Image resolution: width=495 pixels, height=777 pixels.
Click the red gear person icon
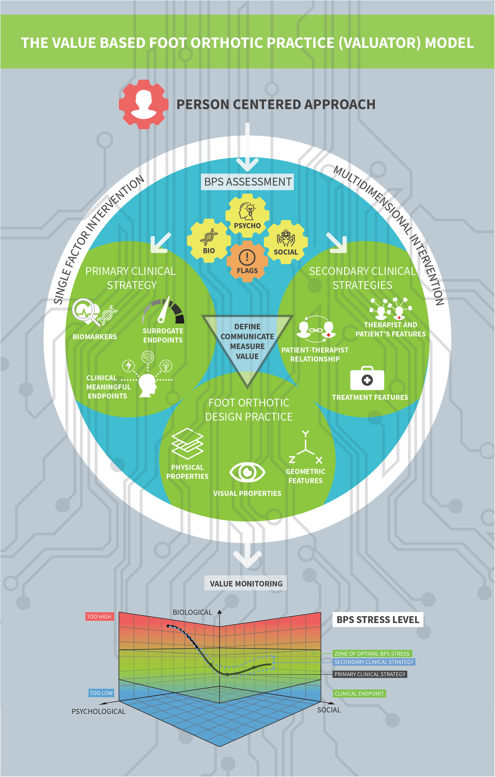coord(143,104)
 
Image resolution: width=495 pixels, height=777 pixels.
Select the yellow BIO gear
coord(209,241)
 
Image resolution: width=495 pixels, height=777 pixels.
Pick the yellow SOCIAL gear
coord(286,242)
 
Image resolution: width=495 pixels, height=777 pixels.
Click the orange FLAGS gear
coord(247,261)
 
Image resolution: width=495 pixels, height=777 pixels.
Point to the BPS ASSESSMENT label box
coord(247,182)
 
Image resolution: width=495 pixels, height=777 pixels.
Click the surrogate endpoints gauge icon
coord(163,310)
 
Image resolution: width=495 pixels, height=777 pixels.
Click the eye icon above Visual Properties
coord(247,472)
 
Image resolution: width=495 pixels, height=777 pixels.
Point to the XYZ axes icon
coord(305,449)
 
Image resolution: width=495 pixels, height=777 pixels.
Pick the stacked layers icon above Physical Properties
coord(187,444)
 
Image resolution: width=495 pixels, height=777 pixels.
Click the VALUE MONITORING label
coord(246,584)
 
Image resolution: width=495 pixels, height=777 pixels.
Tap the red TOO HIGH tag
coord(99,617)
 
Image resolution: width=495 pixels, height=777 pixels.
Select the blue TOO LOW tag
coord(101,693)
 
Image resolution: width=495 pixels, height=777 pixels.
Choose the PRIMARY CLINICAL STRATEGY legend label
coord(370,674)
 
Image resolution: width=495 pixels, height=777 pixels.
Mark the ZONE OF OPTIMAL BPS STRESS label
coord(372,654)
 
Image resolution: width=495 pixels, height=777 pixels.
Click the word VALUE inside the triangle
coord(247,357)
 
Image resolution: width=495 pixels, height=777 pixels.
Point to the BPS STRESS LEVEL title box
coord(378,620)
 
